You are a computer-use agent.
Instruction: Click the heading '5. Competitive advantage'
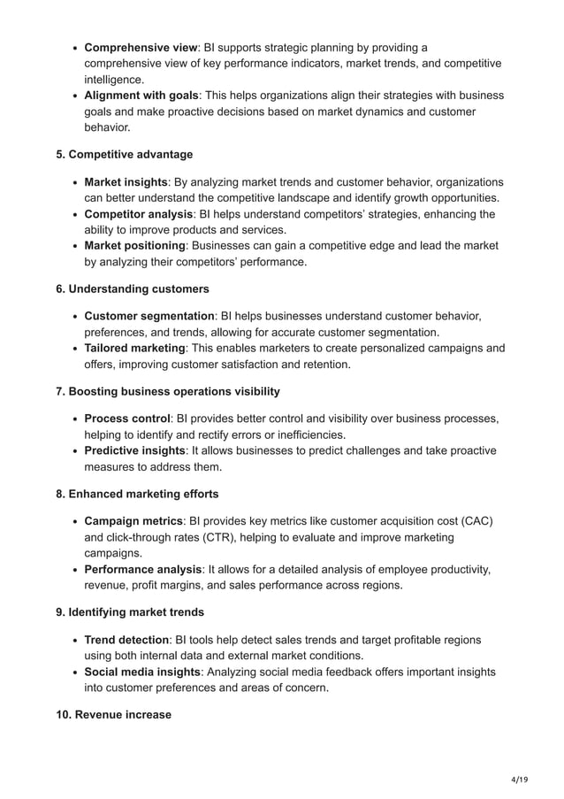(x=125, y=155)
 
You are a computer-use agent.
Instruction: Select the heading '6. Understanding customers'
(x=133, y=288)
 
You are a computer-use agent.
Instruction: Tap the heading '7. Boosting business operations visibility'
(x=168, y=391)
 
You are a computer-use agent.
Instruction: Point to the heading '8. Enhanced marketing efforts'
(x=137, y=494)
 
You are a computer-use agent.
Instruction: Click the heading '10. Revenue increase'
(x=114, y=715)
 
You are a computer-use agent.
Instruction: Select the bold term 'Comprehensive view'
(x=141, y=47)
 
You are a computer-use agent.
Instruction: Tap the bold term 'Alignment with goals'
(x=141, y=96)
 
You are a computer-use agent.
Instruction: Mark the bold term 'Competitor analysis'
(x=138, y=214)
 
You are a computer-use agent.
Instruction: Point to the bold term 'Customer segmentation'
(x=149, y=316)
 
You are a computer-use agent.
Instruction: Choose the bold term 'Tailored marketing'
(x=134, y=349)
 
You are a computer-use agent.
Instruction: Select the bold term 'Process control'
(x=127, y=419)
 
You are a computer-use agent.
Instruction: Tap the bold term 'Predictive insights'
(x=135, y=450)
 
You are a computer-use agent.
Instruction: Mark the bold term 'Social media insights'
(x=143, y=672)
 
